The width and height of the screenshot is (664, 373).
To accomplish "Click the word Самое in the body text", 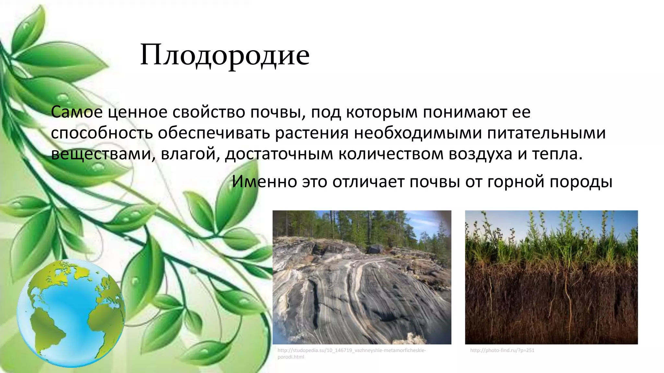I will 77,112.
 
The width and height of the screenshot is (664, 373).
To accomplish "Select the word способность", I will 102,133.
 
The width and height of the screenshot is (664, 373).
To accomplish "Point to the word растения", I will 312,133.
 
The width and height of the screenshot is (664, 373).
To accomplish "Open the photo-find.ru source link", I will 502,350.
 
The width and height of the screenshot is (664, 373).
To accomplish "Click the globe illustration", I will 71,313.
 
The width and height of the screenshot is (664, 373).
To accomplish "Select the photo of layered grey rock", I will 362,277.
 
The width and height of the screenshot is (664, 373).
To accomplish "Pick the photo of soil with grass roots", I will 551,277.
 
